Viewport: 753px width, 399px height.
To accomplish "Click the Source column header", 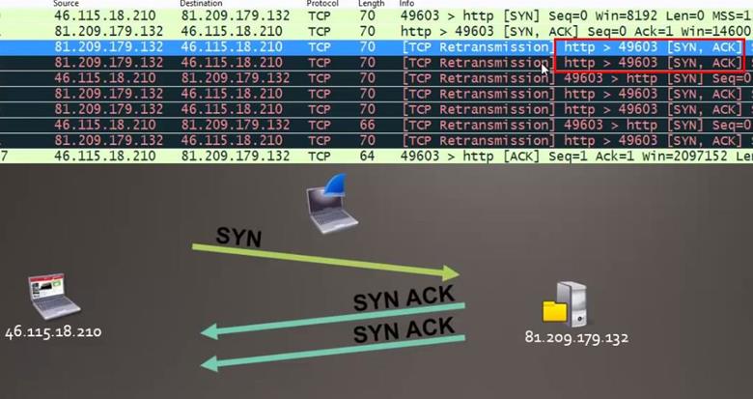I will tap(67, 4).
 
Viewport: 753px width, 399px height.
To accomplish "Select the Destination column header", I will tap(201, 4).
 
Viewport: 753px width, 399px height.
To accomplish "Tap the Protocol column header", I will tap(321, 4).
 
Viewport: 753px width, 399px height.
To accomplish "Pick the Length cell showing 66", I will tap(368, 126).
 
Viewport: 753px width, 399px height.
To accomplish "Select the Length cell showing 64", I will tap(368, 155).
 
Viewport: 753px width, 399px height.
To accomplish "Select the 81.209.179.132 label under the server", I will tap(576, 338).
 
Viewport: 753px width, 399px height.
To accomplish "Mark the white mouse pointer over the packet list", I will tap(546, 67).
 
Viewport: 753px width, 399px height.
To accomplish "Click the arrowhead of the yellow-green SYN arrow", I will tap(450, 274).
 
